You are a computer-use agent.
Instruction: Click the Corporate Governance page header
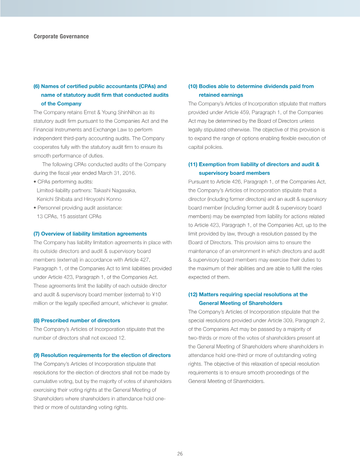coord(61,36)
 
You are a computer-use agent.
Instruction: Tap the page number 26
coord(180,454)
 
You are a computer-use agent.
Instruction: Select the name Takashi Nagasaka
coord(115,190)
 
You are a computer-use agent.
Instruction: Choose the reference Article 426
coord(228,182)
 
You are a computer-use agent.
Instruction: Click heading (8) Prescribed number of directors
coord(77,321)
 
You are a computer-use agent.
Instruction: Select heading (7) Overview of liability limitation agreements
coord(90,234)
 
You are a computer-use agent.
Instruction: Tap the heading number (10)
coord(193,86)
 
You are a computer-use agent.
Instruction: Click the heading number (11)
coord(193,165)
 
